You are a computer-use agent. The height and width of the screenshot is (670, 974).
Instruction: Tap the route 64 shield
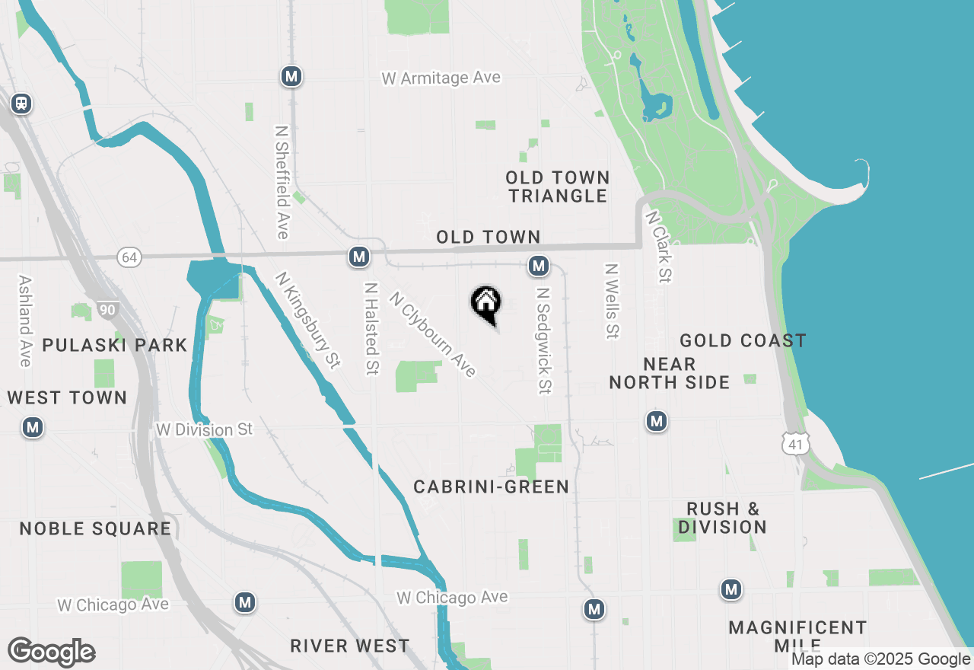[x=129, y=257]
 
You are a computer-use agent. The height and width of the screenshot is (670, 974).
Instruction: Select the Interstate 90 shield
[x=107, y=310]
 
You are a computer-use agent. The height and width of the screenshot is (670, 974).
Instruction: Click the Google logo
[x=51, y=652]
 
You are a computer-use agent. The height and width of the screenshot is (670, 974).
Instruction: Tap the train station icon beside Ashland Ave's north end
[x=21, y=103]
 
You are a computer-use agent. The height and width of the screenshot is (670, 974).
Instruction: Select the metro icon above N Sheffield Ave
[x=291, y=76]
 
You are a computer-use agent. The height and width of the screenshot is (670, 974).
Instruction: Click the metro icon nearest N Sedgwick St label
[x=539, y=266]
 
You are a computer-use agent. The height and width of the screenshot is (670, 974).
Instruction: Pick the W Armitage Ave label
[x=441, y=78]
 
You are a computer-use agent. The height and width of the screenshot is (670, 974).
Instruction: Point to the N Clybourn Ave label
[x=433, y=334]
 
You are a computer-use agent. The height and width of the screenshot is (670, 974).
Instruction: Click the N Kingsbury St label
[x=307, y=321]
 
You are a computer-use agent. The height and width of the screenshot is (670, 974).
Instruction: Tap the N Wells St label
[x=610, y=301]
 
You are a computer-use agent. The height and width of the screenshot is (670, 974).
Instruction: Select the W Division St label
[x=204, y=429]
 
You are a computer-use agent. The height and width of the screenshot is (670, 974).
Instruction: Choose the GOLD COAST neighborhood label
[x=743, y=340]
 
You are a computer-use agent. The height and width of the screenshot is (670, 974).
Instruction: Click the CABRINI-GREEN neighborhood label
[x=492, y=487]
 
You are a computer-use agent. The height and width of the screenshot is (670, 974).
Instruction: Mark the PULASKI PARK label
[x=115, y=345]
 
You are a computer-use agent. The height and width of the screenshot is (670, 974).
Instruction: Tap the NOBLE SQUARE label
[x=95, y=528]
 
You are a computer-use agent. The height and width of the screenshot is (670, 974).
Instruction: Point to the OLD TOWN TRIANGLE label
[x=559, y=187]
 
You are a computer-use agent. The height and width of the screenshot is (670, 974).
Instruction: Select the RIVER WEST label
[x=350, y=646]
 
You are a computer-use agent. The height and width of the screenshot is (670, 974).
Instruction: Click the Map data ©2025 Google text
[x=880, y=659]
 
